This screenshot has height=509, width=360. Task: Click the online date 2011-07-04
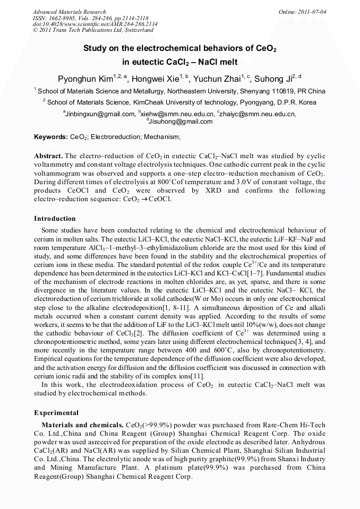point(310,12)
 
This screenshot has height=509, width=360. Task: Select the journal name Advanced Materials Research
point(70,12)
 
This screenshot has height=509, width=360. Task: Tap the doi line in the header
point(95,24)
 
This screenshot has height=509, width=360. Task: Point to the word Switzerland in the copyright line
point(135,31)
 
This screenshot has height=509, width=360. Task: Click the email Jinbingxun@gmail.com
point(100,114)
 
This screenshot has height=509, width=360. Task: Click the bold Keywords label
point(51,137)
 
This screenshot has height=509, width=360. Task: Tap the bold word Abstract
point(48,156)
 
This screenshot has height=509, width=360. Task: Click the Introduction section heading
point(55,219)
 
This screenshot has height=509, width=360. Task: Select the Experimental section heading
point(56,412)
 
